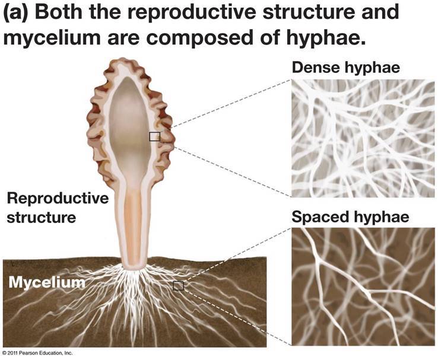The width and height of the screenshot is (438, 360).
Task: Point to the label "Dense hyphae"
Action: pos(345,68)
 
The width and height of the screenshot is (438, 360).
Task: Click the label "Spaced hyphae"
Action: pos(350,218)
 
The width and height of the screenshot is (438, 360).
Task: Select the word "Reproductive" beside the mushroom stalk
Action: pos(57,199)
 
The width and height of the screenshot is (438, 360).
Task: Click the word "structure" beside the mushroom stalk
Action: pos(42,217)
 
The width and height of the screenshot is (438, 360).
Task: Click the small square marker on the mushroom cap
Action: pos(154,136)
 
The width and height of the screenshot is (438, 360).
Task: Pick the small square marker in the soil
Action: pos(178,286)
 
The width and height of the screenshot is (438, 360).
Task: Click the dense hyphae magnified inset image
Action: pos(363,138)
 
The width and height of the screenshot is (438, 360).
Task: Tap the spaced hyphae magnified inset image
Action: pos(363,286)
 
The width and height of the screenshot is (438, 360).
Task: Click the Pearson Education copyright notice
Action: pos(37,353)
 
